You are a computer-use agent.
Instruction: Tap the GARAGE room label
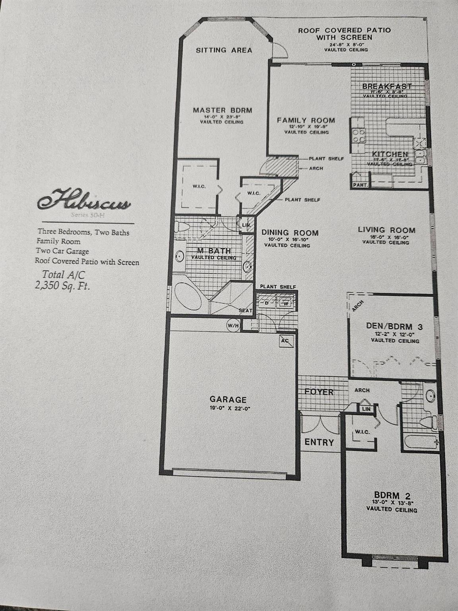pyautogui.click(x=228, y=399)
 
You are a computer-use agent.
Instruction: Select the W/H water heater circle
pyautogui.click(x=233, y=326)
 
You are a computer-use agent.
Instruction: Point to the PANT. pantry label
pyautogui.click(x=360, y=185)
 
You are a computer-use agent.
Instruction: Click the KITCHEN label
pyautogui.click(x=390, y=154)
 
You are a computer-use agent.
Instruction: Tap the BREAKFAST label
pyautogui.click(x=387, y=86)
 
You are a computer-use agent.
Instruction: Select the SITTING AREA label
pyautogui.click(x=224, y=50)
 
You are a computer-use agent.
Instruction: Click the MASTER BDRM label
pyautogui.click(x=222, y=110)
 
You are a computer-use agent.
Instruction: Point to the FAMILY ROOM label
pyautogui.click(x=306, y=120)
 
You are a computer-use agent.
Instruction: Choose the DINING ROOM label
pyautogui.click(x=290, y=233)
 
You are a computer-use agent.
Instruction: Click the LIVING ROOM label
pyautogui.click(x=386, y=230)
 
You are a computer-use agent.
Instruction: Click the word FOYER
pyautogui.click(x=319, y=392)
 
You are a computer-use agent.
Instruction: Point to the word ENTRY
pyautogui.click(x=319, y=442)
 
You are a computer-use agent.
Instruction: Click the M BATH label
pyautogui.click(x=214, y=251)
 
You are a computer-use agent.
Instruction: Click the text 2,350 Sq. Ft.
pyautogui.click(x=62, y=285)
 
